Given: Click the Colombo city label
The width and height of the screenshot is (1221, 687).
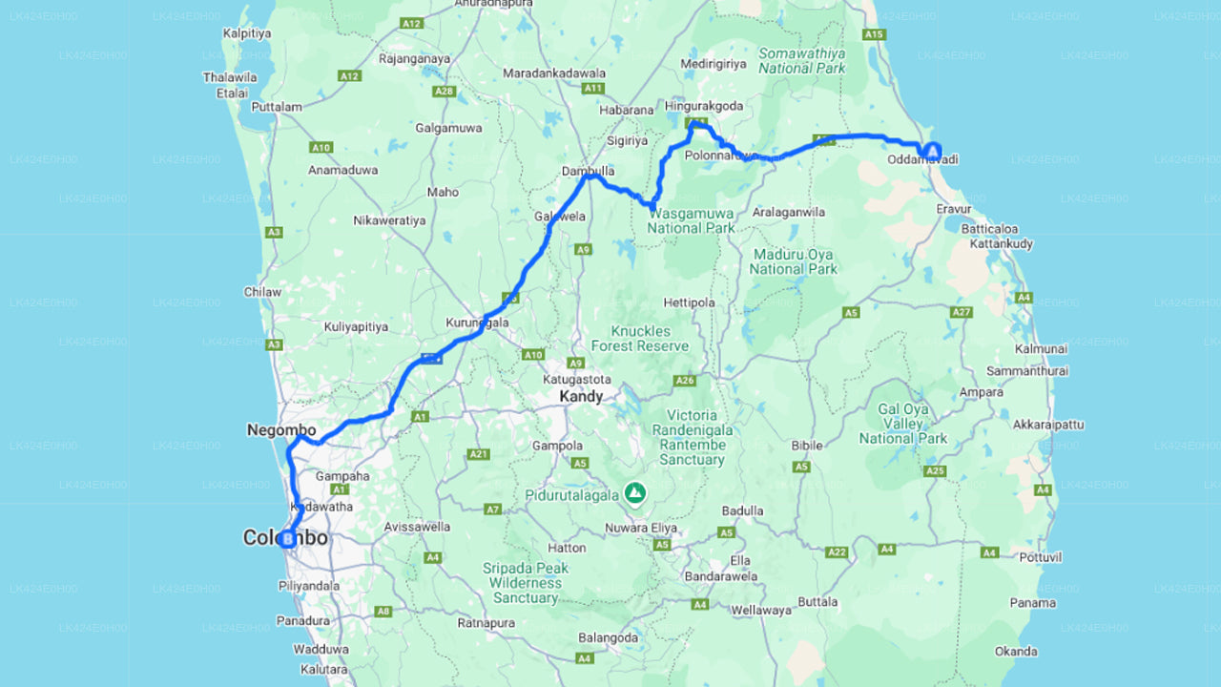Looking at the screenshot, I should coord(285,538).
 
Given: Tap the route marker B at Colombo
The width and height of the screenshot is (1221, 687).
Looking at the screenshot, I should coord(285,539).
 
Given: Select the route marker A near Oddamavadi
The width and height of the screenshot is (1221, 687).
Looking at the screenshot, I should coord(930,150).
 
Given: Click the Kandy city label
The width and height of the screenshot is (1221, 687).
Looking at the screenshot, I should coord(582,396).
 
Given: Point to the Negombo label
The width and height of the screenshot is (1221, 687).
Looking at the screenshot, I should coord(281,430).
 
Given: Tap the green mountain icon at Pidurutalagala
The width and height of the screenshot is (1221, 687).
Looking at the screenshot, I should coord(634,493).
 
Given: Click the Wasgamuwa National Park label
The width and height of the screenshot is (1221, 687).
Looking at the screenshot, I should coord(692,221).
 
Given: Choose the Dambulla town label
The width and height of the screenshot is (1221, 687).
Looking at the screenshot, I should coord(588,172).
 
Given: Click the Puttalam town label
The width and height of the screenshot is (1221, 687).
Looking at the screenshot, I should coord(276,108).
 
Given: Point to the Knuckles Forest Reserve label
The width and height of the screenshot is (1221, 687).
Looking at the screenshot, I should coord(639,338).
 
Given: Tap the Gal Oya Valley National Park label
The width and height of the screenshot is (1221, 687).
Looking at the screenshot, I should coord(902,424).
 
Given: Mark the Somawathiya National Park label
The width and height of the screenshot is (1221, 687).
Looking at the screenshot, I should coord(801,61).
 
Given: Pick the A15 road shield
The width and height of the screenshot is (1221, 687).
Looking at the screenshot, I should coord(874,34).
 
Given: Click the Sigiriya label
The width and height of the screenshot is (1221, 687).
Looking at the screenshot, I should coord(627,140).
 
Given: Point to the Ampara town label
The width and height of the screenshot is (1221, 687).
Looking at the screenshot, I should coord(982,392).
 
